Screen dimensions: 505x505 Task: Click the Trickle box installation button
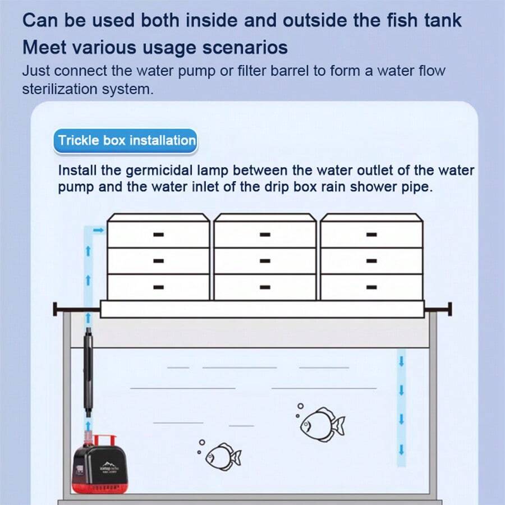click(x=126, y=140)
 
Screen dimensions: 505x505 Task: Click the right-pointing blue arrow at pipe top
click(x=98, y=230)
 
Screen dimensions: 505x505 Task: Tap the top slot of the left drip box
click(x=158, y=235)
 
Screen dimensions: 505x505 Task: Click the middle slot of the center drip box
click(x=265, y=261)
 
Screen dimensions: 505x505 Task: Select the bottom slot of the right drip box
click(x=371, y=287)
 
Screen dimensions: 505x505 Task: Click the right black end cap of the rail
click(x=449, y=309)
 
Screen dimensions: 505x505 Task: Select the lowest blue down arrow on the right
click(x=401, y=449)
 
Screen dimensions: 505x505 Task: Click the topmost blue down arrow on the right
click(x=401, y=361)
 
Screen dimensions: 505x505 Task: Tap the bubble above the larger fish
click(x=301, y=406)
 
